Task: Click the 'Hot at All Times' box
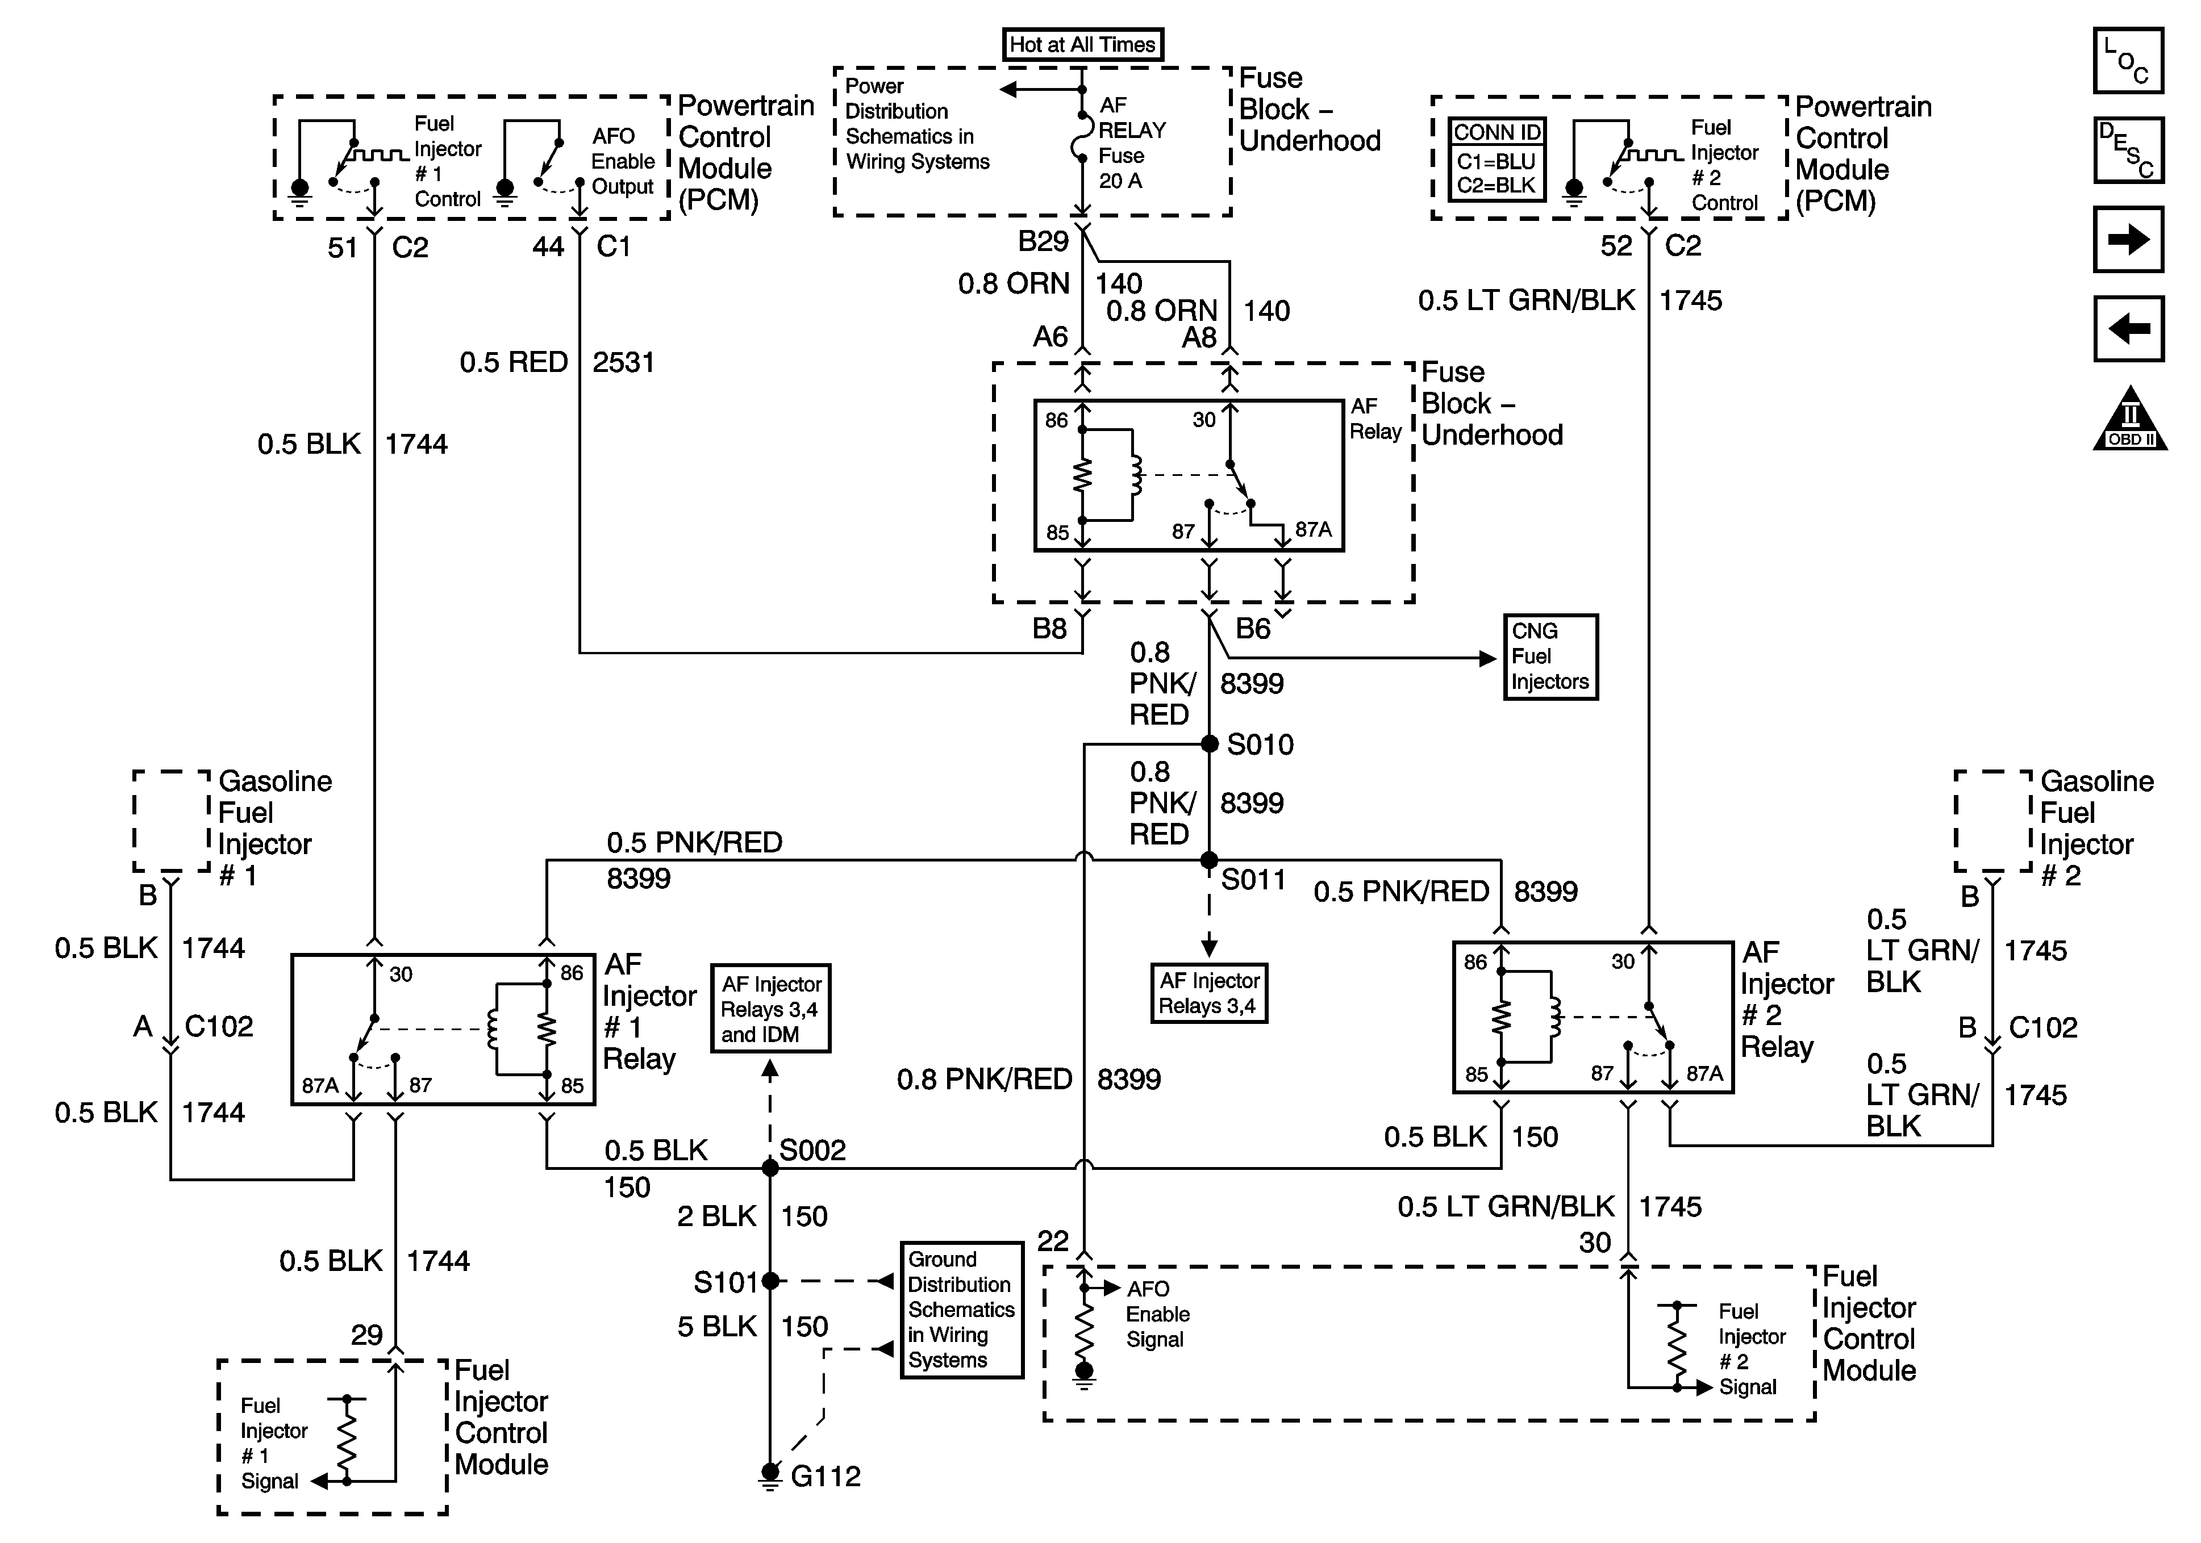(1082, 45)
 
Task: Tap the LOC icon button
(2128, 60)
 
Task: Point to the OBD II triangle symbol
(2130, 419)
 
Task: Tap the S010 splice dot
(1210, 744)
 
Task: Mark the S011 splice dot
(1210, 860)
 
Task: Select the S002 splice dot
(770, 1167)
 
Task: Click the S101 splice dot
(770, 1281)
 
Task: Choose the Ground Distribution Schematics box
(961, 1310)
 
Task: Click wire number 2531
(623, 362)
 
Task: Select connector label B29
(1043, 241)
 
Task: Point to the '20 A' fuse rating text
(1120, 181)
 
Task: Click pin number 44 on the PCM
(548, 246)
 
